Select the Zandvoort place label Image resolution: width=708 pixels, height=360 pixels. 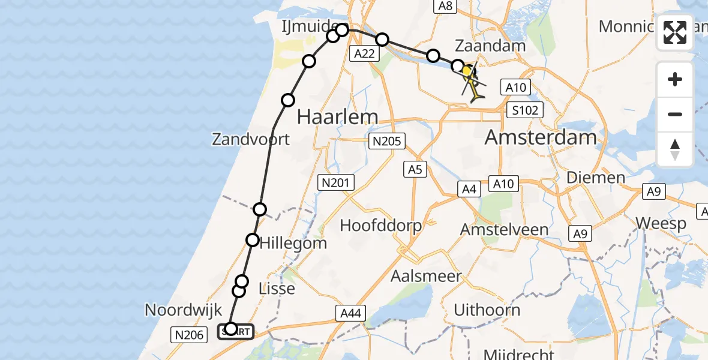(250, 139)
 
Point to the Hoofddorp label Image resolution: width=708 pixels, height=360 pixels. (381, 226)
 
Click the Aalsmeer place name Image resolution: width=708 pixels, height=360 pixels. (426, 277)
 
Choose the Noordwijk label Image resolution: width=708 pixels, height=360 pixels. (184, 310)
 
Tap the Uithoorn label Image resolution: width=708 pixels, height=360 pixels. (487, 310)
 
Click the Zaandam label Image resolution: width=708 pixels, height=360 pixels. (490, 46)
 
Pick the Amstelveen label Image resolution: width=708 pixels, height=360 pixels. (504, 229)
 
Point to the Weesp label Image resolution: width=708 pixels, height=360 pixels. (661, 224)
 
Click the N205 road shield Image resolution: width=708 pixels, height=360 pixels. (387, 142)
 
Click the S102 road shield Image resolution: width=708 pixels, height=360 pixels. (524, 110)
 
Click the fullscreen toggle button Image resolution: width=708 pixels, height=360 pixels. (675, 32)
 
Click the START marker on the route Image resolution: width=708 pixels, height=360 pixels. (236, 331)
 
